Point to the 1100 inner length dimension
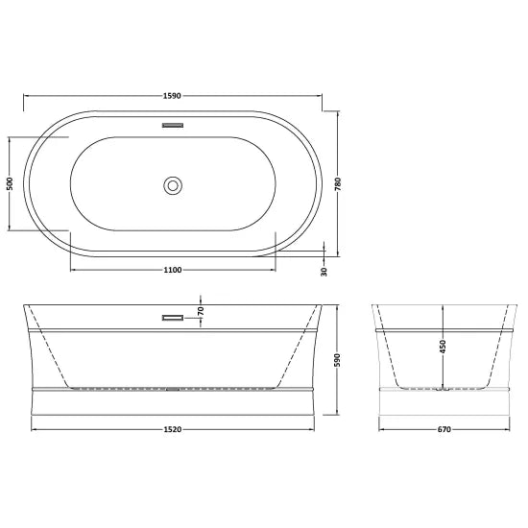point(173,270)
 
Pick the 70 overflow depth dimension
point(201,310)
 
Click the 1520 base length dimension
point(174,428)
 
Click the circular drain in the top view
point(174,184)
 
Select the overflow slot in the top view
point(174,125)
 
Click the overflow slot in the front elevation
point(174,317)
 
